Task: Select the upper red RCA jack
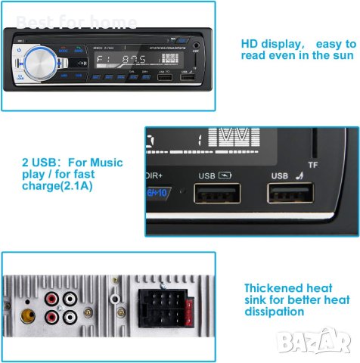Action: coord(51,298)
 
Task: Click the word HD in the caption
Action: coord(250,42)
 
